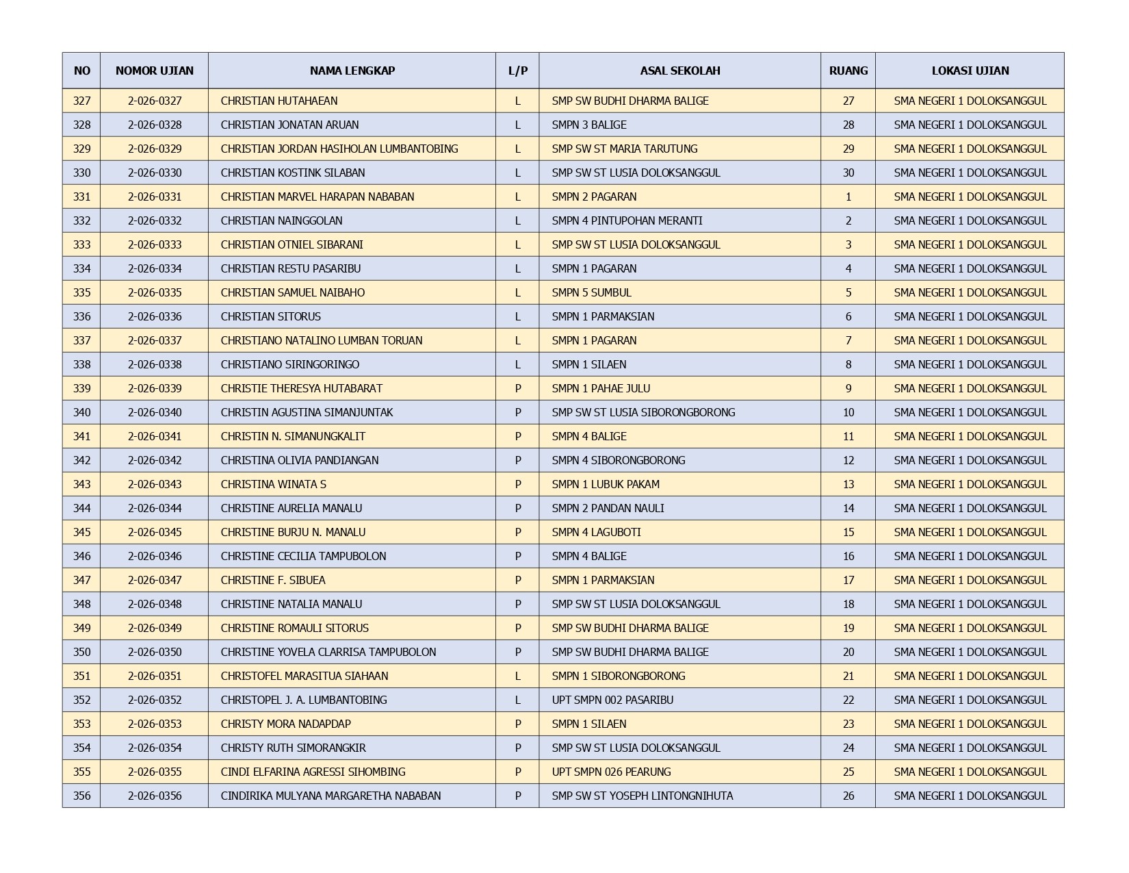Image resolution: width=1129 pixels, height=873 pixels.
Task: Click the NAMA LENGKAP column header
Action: tap(352, 71)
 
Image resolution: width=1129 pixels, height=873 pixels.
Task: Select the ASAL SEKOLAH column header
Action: tap(679, 71)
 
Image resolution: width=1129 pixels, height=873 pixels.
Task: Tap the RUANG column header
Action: tap(848, 71)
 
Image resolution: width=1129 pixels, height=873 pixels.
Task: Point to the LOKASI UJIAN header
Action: tap(970, 71)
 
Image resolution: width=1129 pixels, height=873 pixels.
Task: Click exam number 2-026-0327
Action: tap(155, 101)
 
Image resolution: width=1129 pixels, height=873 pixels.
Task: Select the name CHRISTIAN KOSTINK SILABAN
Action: tap(293, 173)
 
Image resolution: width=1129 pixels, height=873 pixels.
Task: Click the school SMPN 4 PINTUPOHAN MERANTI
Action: tap(627, 220)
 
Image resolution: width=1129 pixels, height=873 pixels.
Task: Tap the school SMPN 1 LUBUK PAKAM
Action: tap(606, 484)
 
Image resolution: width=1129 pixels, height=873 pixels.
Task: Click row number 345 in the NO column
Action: tap(81, 532)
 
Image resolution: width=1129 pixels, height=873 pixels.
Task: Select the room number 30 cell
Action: tap(848, 173)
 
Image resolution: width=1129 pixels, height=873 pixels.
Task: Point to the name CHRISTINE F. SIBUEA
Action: tap(273, 580)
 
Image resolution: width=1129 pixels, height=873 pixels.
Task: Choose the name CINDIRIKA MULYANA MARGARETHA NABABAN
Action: tap(330, 796)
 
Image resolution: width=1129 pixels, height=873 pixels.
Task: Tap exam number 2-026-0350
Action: tap(155, 652)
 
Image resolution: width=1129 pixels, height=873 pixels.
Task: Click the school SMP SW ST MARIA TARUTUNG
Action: tap(625, 149)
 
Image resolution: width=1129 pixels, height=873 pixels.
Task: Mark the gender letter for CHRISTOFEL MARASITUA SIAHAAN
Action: tap(517, 676)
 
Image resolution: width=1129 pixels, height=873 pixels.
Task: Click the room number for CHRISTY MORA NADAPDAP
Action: tap(848, 724)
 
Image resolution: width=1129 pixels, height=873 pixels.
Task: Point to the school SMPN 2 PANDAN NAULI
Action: tap(608, 508)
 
